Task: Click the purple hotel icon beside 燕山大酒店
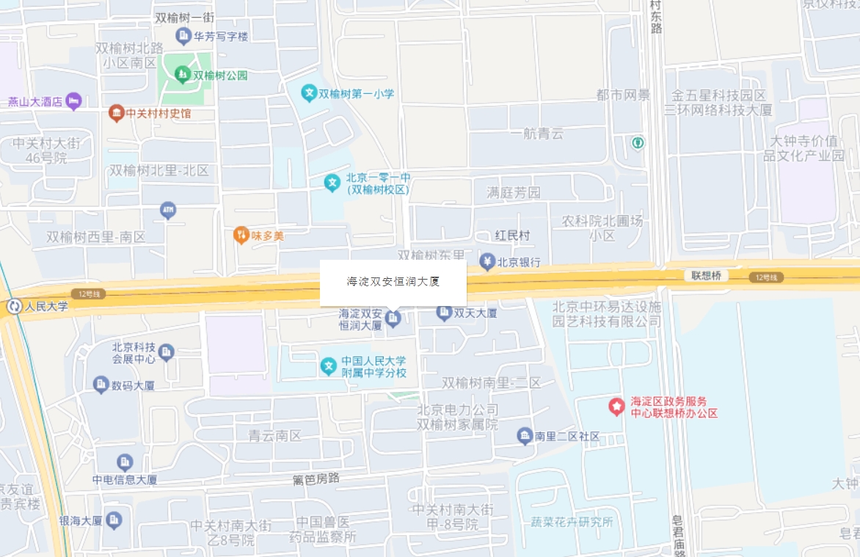click(73, 101)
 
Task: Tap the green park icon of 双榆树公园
click(182, 74)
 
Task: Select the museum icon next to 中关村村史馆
click(116, 113)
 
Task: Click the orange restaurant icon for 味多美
click(241, 235)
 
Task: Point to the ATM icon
click(168, 211)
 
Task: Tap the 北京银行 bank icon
click(487, 261)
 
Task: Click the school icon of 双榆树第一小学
click(309, 93)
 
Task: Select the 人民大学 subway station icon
click(14, 306)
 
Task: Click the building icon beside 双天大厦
click(444, 313)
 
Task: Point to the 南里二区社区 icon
click(525, 436)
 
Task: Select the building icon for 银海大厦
click(114, 520)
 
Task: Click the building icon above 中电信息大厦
click(125, 462)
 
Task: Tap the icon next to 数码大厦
click(101, 384)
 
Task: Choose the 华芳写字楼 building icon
click(183, 35)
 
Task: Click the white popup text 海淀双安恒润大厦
click(393, 281)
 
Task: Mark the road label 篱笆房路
click(316, 479)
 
